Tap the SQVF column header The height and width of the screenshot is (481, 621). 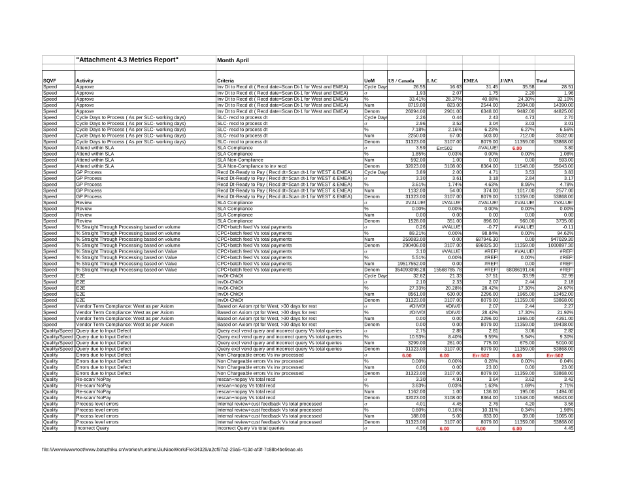50,80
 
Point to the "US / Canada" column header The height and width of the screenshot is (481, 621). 401,80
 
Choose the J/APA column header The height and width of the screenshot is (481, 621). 507,80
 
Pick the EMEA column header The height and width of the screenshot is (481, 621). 471,80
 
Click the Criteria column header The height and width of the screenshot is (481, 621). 226,80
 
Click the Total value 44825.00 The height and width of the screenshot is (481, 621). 562,111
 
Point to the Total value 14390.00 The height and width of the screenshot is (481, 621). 562,105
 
